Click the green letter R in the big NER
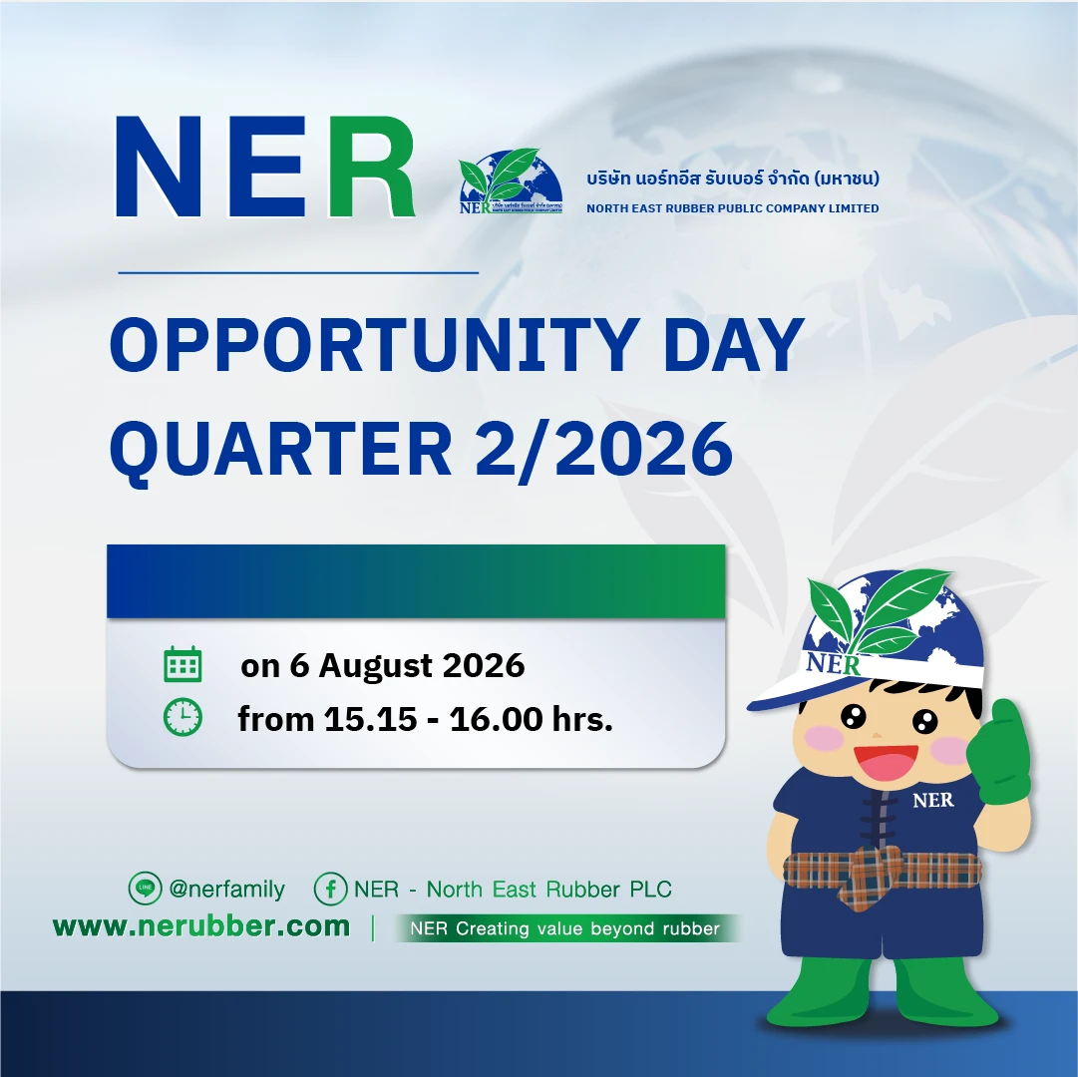pos(371,167)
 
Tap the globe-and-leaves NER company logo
pos(511,180)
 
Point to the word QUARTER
pos(280,450)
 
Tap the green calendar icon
pos(182,664)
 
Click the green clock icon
pos(182,718)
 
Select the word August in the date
pos(375,667)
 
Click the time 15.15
pos(371,720)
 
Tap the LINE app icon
pos(145,888)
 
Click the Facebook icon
pos(331,889)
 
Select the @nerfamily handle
pos(227,890)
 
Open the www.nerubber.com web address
pos(201,926)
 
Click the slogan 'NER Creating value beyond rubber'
pos(565,928)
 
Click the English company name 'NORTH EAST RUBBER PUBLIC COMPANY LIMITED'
pos(733,208)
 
